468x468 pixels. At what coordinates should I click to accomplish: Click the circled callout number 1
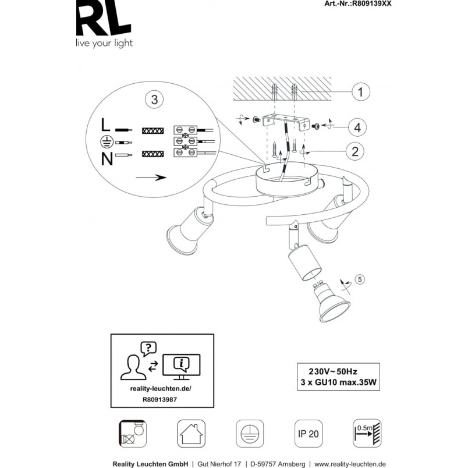click(x=361, y=91)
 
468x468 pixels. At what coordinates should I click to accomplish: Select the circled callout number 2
click(x=355, y=151)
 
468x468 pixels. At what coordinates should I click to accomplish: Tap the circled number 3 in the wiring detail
click(x=154, y=100)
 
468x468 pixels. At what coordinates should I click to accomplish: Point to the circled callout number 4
click(x=357, y=127)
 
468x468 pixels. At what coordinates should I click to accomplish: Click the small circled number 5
click(x=360, y=279)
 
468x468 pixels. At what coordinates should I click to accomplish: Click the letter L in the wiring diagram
click(x=105, y=125)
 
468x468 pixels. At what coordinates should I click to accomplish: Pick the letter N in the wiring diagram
click(x=107, y=159)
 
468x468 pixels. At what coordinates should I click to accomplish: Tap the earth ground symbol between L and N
click(x=107, y=142)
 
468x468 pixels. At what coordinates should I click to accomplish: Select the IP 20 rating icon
click(x=309, y=434)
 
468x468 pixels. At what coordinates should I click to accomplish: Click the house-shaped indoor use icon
click(x=192, y=434)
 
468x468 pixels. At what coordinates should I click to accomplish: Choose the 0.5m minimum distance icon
click(x=367, y=433)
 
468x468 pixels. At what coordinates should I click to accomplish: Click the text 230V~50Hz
click(x=333, y=371)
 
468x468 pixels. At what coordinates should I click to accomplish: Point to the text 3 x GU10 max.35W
click(x=338, y=382)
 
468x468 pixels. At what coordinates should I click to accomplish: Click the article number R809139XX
click(x=371, y=3)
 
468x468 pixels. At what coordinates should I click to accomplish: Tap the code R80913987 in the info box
click(x=159, y=399)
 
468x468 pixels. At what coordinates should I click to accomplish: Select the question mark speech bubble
click(x=148, y=349)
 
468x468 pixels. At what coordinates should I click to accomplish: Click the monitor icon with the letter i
click(x=181, y=367)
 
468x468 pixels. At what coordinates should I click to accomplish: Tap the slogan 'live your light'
click(x=104, y=44)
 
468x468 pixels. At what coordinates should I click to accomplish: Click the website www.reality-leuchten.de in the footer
click(x=350, y=464)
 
